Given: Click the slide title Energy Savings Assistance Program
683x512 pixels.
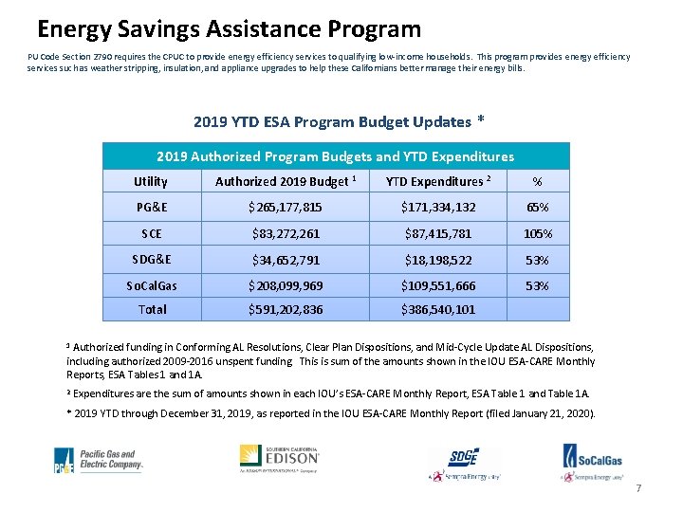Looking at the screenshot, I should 229,29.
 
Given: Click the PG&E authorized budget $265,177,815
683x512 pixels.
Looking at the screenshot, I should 285,208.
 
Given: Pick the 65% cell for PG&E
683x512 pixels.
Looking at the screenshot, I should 537,208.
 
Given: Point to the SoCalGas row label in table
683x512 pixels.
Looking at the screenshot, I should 152,285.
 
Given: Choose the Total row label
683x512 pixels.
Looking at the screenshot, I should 152,309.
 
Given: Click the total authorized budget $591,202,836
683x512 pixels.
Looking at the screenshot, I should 285,309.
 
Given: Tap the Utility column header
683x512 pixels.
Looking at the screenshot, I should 151,181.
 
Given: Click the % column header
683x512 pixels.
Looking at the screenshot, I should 537,181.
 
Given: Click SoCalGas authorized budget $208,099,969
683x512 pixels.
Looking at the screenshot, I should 285,285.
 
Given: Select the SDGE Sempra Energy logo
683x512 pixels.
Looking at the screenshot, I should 463,463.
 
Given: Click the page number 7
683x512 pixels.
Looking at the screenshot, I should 638,488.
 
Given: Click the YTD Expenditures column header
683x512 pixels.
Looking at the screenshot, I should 437,181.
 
